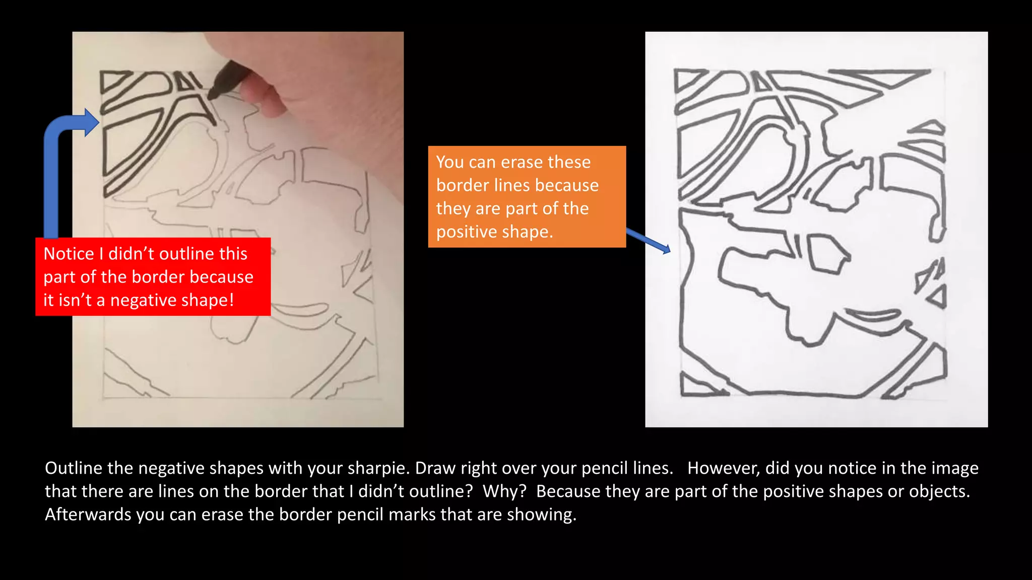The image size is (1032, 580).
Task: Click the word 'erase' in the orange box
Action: [521, 162]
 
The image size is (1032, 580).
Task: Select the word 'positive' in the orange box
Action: [466, 232]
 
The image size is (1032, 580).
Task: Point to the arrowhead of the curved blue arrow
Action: [91, 122]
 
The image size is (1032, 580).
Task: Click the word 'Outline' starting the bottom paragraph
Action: [74, 468]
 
